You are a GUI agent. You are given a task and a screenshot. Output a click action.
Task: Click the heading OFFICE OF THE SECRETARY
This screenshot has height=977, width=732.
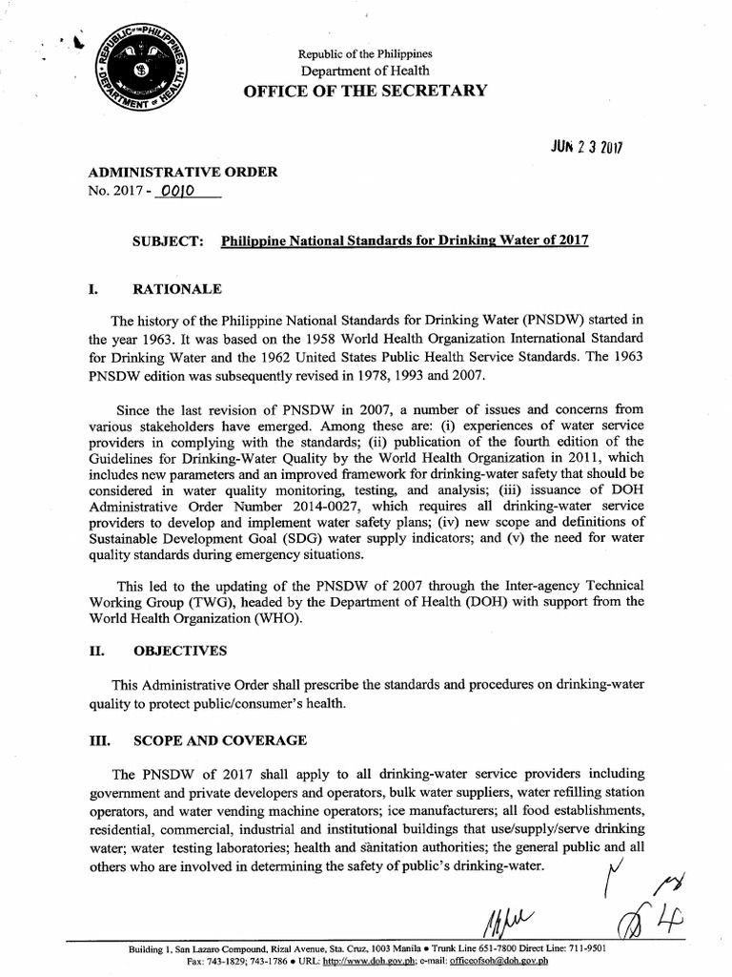365,91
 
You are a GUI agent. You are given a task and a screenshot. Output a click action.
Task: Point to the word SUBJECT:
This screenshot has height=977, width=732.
169,241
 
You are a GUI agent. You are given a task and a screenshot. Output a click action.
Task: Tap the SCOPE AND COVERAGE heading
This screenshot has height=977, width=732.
219,740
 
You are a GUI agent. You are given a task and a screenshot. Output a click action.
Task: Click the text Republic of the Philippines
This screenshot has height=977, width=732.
364,53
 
